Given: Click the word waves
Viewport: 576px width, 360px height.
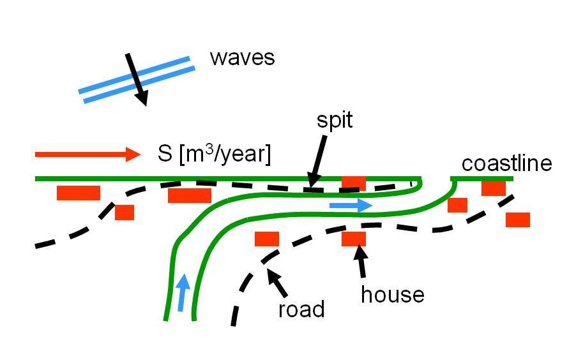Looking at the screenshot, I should point(242,58).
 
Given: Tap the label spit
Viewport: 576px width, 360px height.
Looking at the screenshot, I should point(335,121).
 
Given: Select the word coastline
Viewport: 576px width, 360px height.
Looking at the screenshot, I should point(506,163).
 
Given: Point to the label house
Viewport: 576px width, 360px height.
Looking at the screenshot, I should point(392,294).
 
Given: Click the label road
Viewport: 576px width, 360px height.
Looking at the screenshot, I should point(301,310).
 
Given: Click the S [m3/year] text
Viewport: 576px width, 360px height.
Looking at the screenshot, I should point(214,154).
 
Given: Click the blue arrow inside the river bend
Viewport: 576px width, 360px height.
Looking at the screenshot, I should point(351,206).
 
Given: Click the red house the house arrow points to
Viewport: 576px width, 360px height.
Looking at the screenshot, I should point(353,239).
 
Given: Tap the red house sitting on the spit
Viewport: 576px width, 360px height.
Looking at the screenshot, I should point(353,183).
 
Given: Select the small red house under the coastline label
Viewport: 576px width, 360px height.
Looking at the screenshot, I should point(493,188).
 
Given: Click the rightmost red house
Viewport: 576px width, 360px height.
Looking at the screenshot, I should point(517,220).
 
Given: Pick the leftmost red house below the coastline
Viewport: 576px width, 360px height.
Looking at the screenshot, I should point(79,193).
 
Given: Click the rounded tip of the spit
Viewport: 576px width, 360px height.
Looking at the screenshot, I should point(419,184).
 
